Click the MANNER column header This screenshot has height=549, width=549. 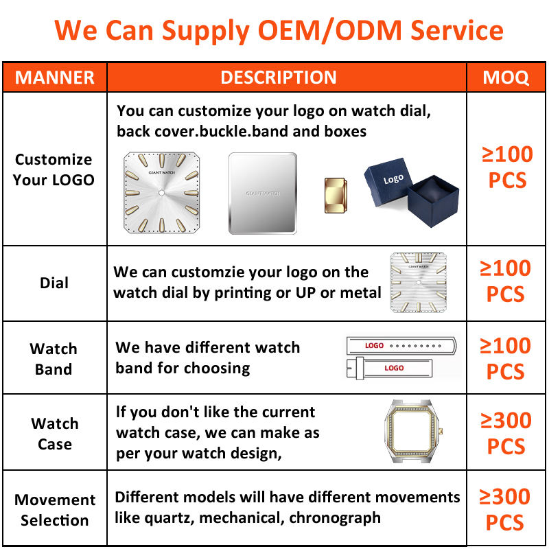55,78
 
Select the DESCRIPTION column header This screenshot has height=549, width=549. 279,78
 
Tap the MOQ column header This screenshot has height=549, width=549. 506,78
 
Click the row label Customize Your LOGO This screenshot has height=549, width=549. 54,170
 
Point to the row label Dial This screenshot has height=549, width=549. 54,283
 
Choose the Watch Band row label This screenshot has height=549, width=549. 54,359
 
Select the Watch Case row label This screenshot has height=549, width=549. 55,434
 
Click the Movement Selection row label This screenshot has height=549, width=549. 55,510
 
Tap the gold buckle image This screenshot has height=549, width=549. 336,196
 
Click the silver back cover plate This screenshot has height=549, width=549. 263,194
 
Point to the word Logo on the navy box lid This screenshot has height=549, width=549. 393,179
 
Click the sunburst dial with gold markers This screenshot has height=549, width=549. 161,193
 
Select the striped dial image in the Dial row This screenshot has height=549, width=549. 419,282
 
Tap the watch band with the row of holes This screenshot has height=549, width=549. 401,346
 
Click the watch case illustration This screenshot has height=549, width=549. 412,431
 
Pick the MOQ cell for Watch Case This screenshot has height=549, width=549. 506,433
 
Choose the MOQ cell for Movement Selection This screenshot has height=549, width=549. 504,510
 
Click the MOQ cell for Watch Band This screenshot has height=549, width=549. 505,358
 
